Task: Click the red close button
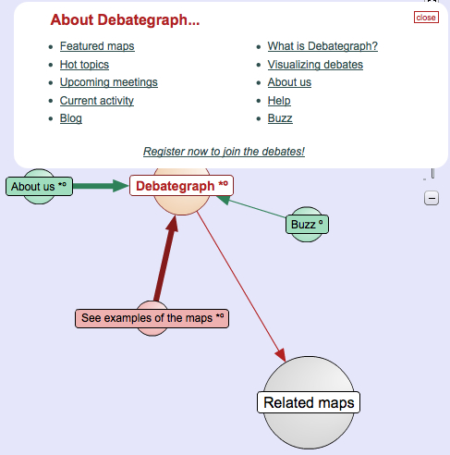[x=426, y=18]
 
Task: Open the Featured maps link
[x=97, y=46]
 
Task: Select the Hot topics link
[x=84, y=65]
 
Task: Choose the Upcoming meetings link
[x=109, y=82]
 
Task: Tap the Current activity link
[x=97, y=101]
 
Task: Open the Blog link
[x=71, y=118]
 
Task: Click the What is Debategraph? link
[x=322, y=46]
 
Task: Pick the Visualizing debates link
[x=315, y=65]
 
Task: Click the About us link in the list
[x=289, y=82]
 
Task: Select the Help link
[x=279, y=101]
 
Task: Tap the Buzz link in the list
[x=280, y=118]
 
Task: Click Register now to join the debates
[x=224, y=152]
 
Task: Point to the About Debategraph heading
[x=125, y=19]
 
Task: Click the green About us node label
[x=39, y=186]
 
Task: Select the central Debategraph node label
[x=181, y=186]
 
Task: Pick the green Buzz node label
[x=307, y=225]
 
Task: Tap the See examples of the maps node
[x=152, y=318]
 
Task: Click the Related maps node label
[x=309, y=402]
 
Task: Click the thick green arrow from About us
[x=101, y=186]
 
